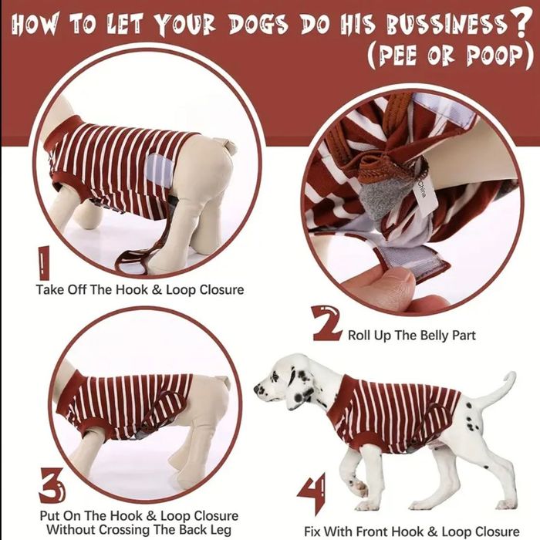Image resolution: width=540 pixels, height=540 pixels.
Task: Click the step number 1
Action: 44,263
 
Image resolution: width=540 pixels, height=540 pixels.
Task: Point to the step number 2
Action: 326,323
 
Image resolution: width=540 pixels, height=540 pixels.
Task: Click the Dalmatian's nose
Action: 257,389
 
